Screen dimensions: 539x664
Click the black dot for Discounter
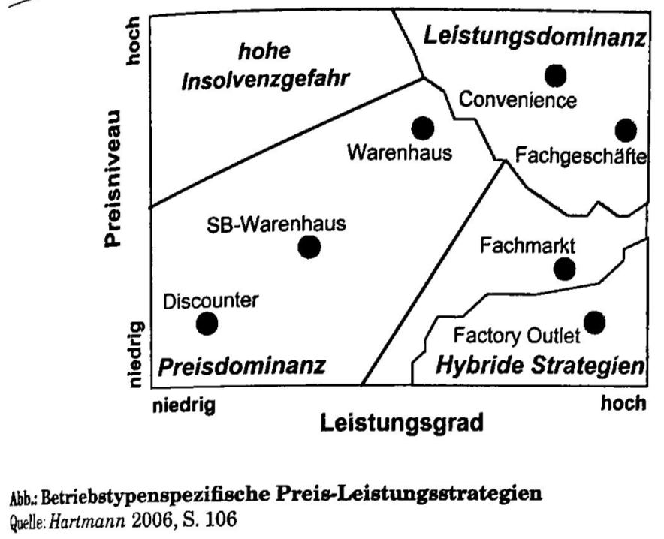tap(207, 324)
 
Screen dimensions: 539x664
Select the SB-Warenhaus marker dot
tap(309, 246)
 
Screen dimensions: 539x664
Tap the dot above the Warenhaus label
tap(423, 128)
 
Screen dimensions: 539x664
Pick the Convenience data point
tap(555, 75)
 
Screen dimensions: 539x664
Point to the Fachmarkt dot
tap(564, 268)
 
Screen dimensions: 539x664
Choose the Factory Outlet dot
tap(594, 322)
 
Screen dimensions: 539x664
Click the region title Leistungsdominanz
tap(532, 35)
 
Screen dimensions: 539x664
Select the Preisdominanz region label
tap(242, 366)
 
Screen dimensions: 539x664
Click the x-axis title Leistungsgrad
tap(402, 423)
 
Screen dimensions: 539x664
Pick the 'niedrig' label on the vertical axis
tap(135, 354)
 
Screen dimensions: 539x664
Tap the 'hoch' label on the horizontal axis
tap(623, 404)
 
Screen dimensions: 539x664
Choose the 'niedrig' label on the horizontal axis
tap(185, 405)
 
